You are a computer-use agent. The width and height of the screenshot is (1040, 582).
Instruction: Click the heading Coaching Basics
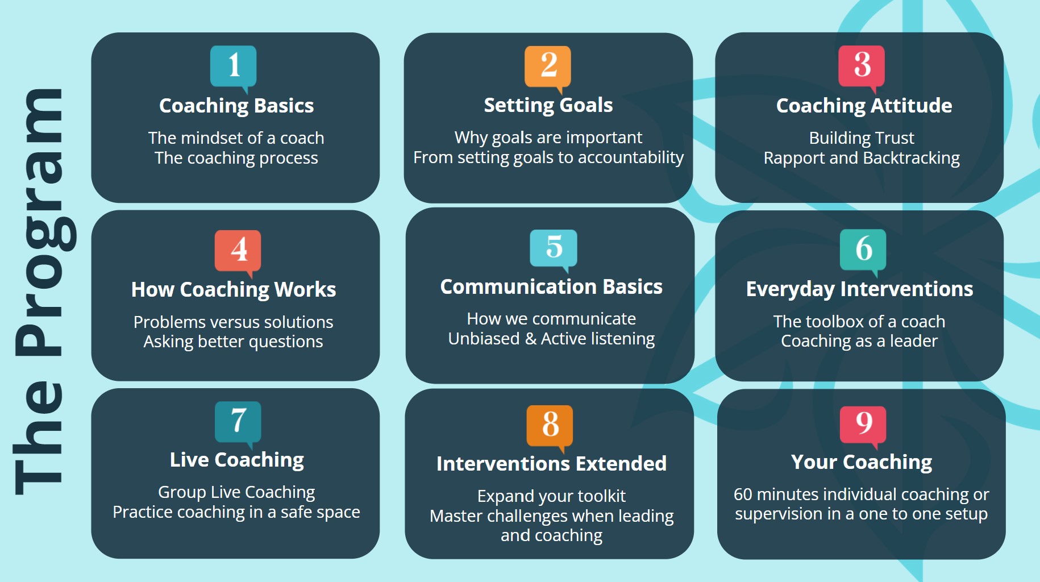(236, 106)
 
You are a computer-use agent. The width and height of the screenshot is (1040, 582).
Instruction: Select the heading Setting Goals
(548, 106)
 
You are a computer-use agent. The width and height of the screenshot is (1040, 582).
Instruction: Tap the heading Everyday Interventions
(859, 290)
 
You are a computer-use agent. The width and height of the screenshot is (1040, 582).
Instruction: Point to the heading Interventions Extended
(551, 464)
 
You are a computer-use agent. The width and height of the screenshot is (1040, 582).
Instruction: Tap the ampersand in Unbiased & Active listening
(531, 339)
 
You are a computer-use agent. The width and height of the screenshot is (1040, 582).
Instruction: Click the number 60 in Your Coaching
(743, 494)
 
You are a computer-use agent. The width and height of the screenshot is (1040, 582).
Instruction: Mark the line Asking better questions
(233, 342)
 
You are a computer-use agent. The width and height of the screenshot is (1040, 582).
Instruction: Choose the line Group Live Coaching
(236, 492)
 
